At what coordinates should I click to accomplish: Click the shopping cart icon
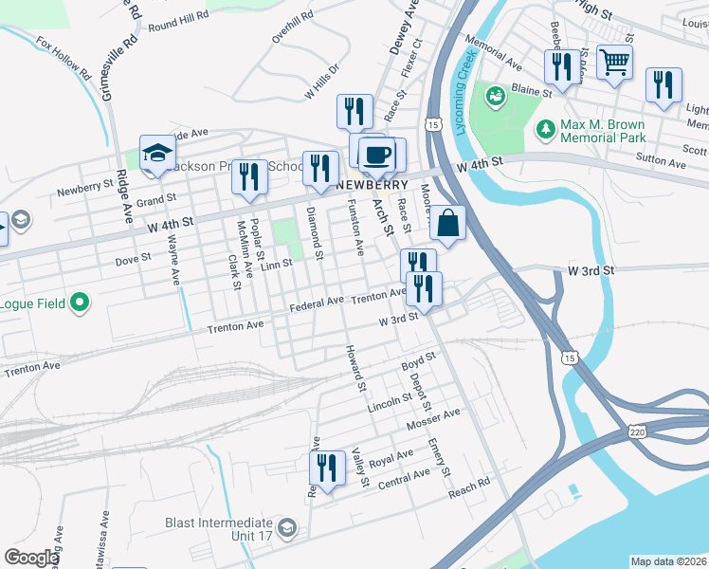coord(615,64)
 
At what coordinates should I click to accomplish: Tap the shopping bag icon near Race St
coord(448,225)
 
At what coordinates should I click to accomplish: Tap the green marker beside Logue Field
coord(80,303)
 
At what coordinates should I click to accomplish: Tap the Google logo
coord(30,558)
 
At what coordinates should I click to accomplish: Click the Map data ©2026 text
coord(668,561)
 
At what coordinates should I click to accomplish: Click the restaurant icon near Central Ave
coord(325,468)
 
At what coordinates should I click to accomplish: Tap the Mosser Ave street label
coord(432,418)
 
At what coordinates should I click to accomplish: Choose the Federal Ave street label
coord(316,303)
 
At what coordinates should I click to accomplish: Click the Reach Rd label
coord(469,486)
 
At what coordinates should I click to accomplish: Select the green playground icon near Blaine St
coord(495,96)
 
